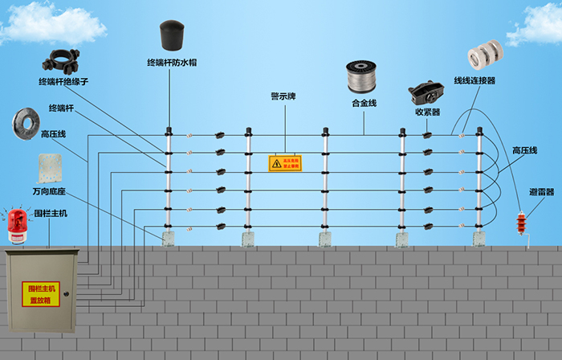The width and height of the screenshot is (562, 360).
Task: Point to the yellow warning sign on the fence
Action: tap(285, 163)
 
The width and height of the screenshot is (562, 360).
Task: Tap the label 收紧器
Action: tap(427, 112)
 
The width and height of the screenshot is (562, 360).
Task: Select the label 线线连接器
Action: tap(474, 80)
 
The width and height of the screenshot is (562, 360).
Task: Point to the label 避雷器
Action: tap(542, 193)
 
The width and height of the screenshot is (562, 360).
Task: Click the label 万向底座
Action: tap(49, 193)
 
